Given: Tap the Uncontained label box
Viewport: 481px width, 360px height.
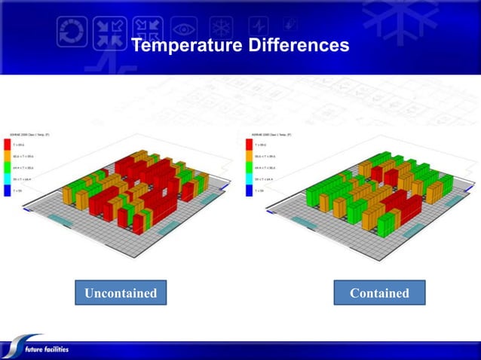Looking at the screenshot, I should coord(120,293).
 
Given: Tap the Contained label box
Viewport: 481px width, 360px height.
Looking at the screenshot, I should coord(379,293).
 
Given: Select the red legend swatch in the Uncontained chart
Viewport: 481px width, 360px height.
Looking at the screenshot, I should coord(8,144).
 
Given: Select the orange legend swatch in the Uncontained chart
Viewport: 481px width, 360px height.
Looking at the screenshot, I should coord(8,156).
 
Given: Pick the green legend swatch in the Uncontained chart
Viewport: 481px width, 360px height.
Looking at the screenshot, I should coord(8,168).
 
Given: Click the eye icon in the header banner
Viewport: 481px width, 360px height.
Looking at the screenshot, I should coord(183,29).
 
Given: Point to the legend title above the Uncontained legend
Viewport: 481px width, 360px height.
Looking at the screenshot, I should coord(26,134).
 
